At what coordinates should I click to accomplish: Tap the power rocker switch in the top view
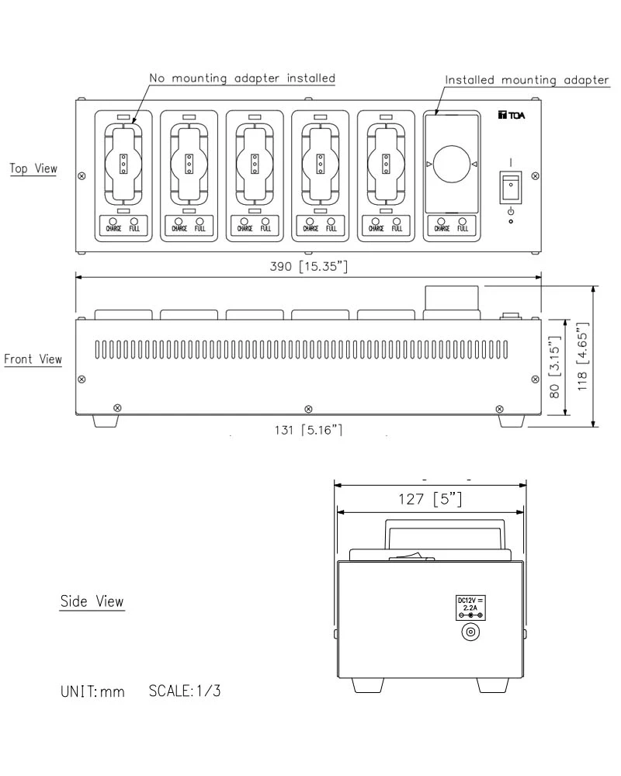click(509, 187)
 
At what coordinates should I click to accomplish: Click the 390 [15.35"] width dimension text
click(308, 265)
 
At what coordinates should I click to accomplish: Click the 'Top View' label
click(34, 168)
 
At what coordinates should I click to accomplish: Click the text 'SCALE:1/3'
click(184, 691)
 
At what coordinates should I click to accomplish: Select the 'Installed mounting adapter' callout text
click(526, 80)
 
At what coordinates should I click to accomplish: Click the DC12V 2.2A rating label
click(469, 605)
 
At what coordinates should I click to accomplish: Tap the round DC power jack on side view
click(469, 632)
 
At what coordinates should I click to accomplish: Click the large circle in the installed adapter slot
click(451, 165)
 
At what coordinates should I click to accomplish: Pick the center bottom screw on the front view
click(309, 407)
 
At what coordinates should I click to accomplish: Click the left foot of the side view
click(368, 685)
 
